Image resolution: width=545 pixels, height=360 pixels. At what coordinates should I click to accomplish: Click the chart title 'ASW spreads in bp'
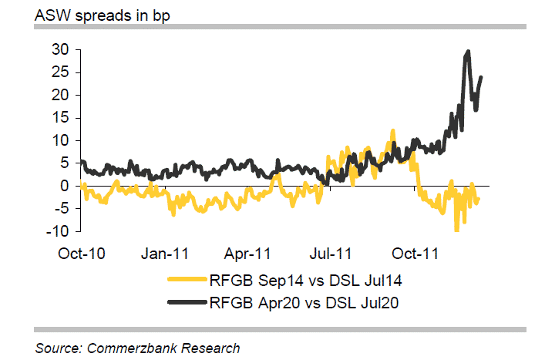pos(92,13)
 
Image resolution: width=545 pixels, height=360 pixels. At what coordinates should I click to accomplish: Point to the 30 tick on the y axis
pos(61,49)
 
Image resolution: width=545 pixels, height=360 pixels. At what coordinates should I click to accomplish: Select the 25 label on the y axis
pos(61,72)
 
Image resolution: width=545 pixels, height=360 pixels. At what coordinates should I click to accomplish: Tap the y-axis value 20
pos(61,95)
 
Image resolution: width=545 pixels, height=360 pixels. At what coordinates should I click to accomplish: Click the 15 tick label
pos(61,118)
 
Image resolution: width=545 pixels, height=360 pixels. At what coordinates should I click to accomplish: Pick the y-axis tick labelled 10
pos(61,140)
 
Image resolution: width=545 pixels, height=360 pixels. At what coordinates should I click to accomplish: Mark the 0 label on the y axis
pos(66,186)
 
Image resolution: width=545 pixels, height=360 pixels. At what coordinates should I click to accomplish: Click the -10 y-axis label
pos(59,231)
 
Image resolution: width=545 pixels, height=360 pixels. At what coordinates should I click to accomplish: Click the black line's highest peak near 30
pos(468,52)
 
